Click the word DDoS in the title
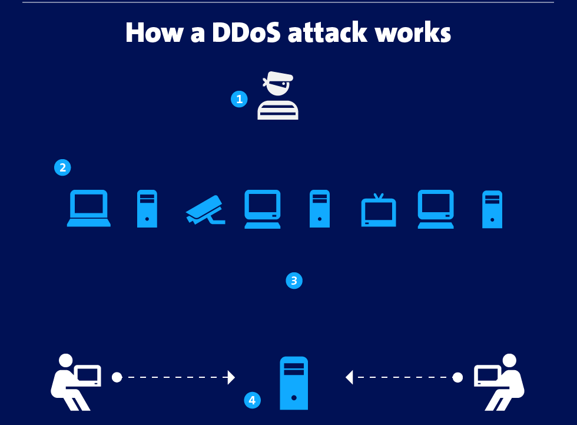(246, 33)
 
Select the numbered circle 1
(239, 99)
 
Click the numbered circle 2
(62, 167)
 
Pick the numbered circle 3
(294, 281)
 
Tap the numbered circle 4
(252, 400)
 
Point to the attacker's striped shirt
(278, 110)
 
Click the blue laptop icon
(89, 208)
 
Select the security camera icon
(205, 210)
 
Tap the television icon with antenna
(378, 211)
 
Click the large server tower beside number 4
(294, 383)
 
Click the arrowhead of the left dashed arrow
(231, 377)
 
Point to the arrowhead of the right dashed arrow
(349, 377)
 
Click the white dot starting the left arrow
(117, 377)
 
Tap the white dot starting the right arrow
(457, 377)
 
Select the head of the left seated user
(65, 360)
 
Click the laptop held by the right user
(488, 375)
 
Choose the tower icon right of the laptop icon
(147, 209)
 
